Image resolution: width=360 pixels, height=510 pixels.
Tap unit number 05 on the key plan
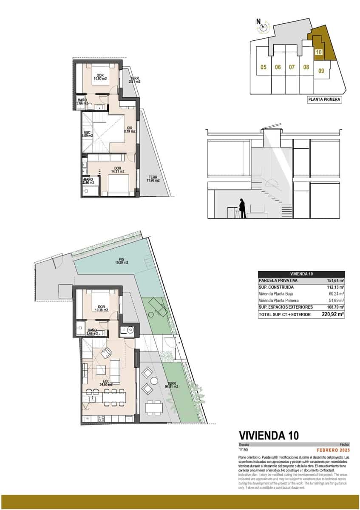[264, 67]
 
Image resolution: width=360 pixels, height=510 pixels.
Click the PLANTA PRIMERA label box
[324, 100]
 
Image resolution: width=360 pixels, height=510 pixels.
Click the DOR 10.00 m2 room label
[101, 77]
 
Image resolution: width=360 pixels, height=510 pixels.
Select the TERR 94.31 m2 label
[172, 385]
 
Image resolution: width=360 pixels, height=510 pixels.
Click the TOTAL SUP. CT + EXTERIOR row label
[284, 314]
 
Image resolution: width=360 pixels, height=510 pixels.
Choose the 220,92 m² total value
[334, 314]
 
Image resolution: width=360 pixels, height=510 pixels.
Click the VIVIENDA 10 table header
[301, 274]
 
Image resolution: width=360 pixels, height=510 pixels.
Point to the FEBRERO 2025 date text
[333, 450]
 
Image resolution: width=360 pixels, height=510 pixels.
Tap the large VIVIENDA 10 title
[269, 435]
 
